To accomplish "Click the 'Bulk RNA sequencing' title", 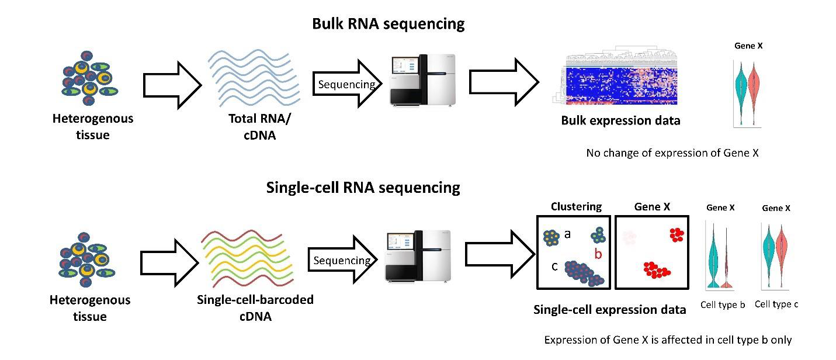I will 388,24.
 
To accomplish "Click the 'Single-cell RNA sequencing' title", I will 363,188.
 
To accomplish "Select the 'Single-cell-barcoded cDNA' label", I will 255,308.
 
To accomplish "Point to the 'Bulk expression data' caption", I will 620,121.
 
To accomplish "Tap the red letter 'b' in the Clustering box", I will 598,254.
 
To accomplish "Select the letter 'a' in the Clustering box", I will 567,234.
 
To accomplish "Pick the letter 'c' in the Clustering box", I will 554,266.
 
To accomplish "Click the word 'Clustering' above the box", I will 576,206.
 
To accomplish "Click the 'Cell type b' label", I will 722,304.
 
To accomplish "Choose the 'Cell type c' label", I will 776,304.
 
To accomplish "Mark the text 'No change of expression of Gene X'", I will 672,153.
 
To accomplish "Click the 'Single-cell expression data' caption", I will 610,310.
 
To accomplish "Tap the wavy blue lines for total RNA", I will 255,81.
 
